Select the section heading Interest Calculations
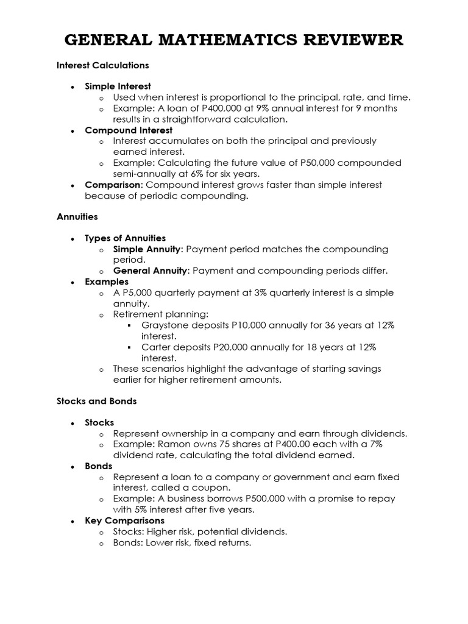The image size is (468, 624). tap(103, 65)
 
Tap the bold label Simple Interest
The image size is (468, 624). tap(118, 87)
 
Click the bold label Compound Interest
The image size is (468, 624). tap(129, 130)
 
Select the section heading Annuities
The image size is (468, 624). tap(77, 216)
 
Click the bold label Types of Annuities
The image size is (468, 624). tap(125, 238)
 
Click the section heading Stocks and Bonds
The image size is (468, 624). tap(97, 401)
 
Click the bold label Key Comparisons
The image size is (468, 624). tap(124, 521)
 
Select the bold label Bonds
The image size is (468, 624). tap(99, 466)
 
